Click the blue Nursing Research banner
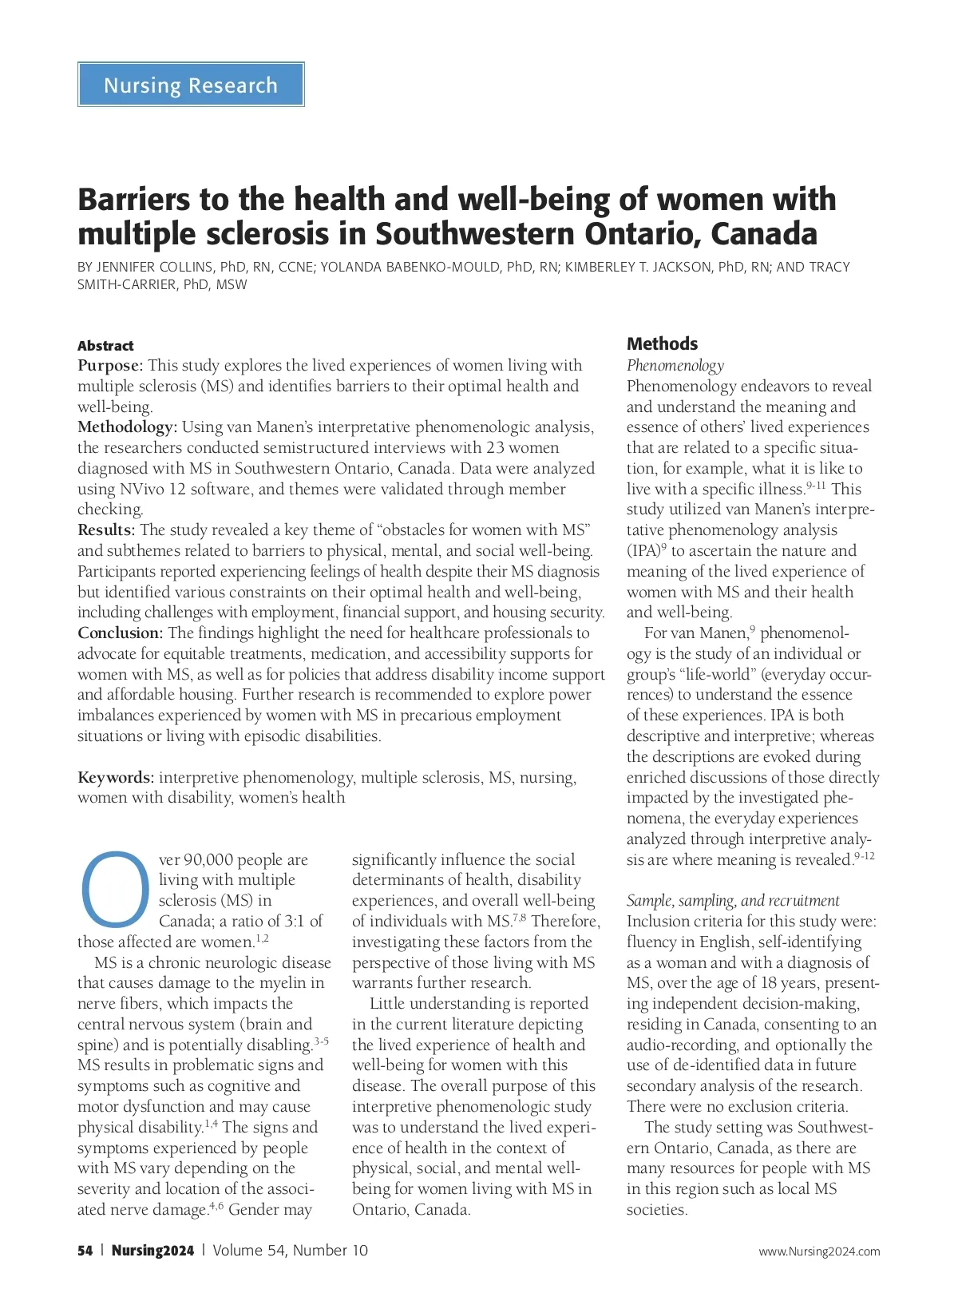(191, 85)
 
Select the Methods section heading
(662, 343)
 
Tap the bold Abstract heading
(105, 346)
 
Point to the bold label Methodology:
(127, 427)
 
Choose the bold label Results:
(106, 530)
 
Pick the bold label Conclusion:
(120, 633)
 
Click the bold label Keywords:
(116, 778)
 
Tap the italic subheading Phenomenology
(675, 366)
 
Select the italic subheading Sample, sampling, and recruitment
(732, 901)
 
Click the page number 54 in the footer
(85, 1251)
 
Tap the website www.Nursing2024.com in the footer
(819, 1251)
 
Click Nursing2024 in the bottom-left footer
(152, 1251)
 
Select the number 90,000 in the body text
(215, 860)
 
